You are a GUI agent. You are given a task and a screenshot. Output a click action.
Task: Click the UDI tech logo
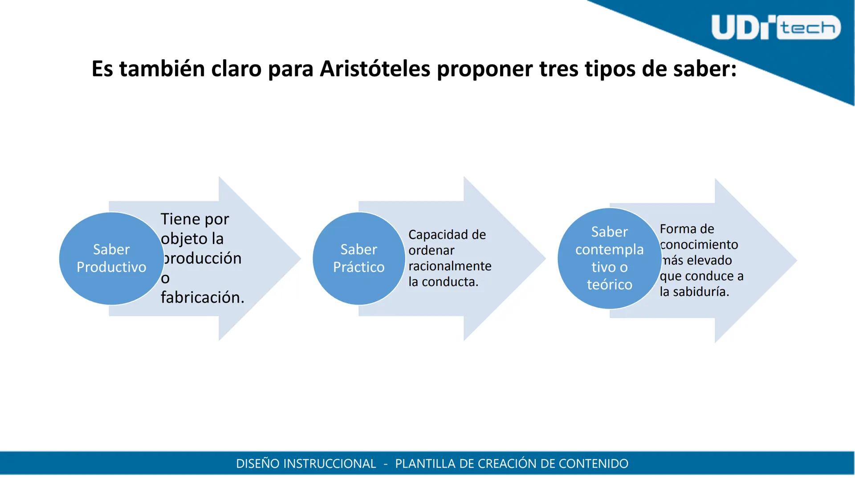(x=775, y=28)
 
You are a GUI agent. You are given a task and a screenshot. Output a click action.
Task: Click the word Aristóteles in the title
(x=375, y=69)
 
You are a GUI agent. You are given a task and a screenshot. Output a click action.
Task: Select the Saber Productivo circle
(x=111, y=258)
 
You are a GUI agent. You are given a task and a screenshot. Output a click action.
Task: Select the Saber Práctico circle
(x=358, y=258)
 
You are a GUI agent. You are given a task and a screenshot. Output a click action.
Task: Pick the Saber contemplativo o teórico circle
(x=609, y=258)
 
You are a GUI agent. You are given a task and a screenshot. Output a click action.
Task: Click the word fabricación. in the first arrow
(x=203, y=298)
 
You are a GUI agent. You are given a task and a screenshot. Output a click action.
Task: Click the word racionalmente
(x=450, y=266)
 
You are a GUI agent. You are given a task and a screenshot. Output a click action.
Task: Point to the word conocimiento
(x=699, y=245)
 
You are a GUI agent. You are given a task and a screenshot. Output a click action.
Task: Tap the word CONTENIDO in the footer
(x=593, y=464)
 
